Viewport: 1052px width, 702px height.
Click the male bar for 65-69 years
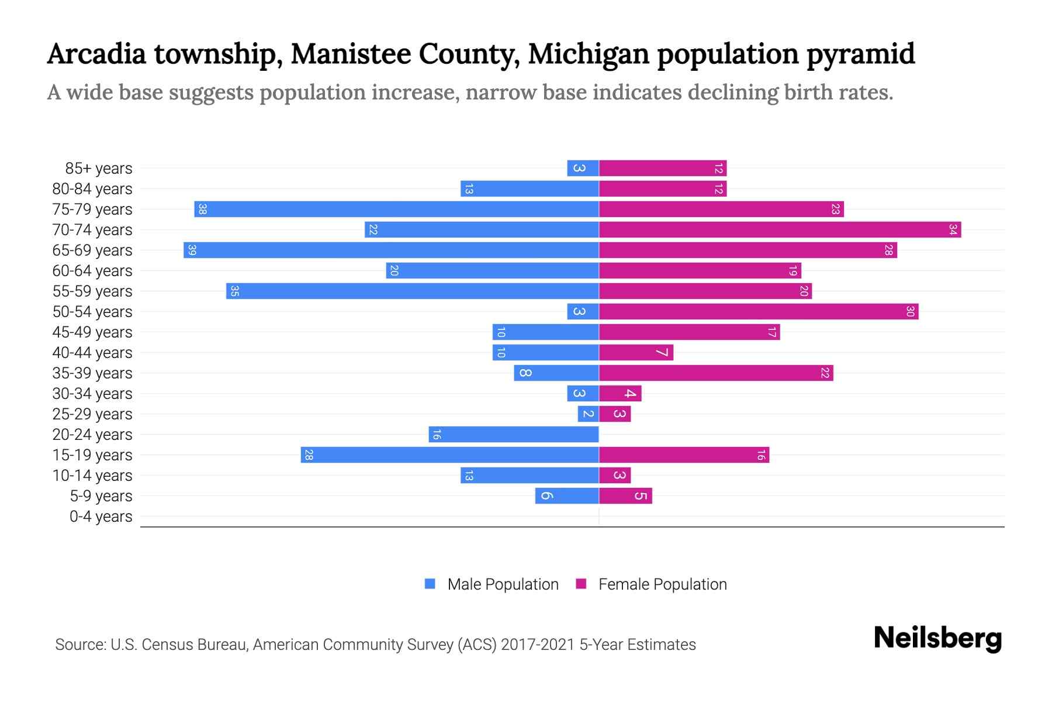391,250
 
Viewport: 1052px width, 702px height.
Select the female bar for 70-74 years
780,230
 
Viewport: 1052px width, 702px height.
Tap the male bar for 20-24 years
514,435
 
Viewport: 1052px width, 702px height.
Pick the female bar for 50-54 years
759,312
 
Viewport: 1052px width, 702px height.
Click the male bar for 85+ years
583,168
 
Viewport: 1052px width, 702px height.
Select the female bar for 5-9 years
625,496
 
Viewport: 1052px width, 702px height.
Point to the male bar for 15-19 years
449,455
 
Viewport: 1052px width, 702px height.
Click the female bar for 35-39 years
716,373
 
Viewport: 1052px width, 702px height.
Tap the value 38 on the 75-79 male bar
202,209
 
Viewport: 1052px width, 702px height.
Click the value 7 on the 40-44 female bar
662,353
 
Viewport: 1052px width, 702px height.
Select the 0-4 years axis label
101,517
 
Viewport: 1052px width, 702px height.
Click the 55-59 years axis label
92,291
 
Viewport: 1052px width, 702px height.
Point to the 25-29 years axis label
92,414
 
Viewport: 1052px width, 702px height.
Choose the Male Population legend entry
503,584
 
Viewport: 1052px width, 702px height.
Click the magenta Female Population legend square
581,584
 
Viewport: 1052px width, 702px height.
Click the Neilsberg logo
937,638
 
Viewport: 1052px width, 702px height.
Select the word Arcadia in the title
96,54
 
